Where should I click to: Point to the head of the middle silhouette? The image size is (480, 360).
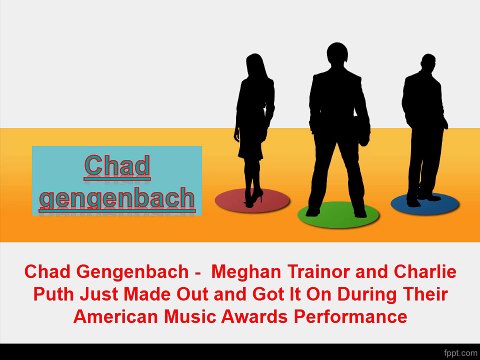point(337,54)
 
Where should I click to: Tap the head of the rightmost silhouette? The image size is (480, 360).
point(428,63)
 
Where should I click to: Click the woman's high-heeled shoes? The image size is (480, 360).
point(253,198)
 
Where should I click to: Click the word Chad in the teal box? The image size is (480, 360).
point(117,166)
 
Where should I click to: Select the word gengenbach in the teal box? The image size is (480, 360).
point(117,198)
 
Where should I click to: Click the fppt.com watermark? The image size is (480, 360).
point(461,353)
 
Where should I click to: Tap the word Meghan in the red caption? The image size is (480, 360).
point(246,272)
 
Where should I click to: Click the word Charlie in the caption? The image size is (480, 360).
point(425,271)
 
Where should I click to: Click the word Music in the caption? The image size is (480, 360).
point(190,316)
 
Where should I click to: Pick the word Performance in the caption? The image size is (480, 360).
point(350,316)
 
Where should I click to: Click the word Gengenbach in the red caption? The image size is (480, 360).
point(132,272)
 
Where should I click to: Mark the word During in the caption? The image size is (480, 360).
point(367,294)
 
